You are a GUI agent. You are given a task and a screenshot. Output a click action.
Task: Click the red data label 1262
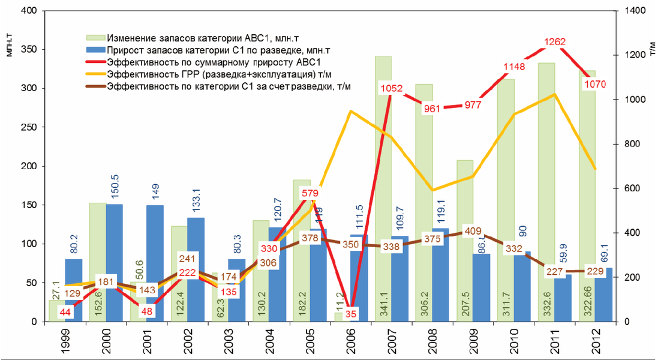tap(554, 43)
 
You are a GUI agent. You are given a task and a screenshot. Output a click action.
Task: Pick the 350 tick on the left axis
tap(29, 50)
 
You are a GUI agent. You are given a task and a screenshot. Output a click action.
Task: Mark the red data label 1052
tap(392, 89)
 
